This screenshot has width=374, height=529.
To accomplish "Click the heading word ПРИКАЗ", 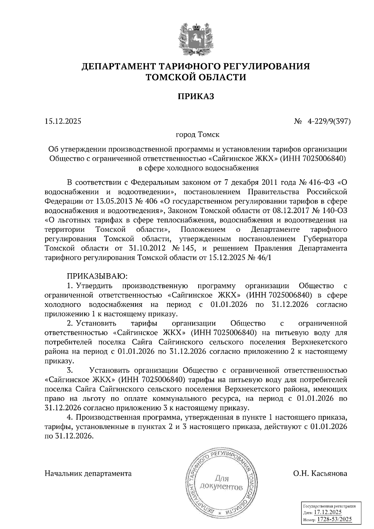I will click(x=196, y=97).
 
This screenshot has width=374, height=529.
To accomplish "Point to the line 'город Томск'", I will click(x=198, y=135).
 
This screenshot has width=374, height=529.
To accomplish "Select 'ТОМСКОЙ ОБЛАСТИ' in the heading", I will click(x=196, y=77).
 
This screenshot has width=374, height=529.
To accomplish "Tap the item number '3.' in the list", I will click(x=70, y=370).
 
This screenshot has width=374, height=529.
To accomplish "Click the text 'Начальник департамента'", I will click(x=88, y=474).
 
